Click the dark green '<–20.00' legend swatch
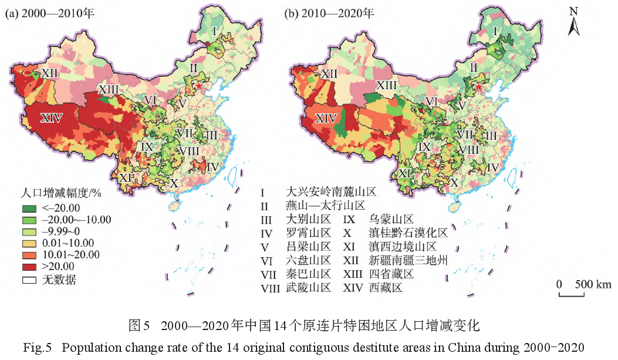30,208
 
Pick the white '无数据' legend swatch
30,280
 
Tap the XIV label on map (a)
51,117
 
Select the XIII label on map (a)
109,89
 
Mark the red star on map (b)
478,88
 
